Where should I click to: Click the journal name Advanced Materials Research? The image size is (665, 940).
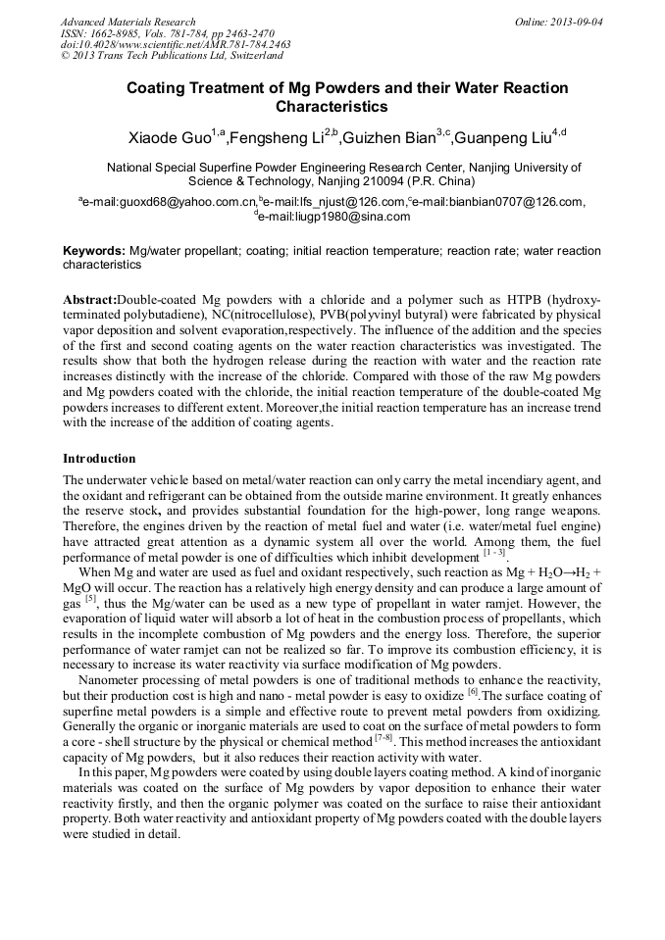[x=128, y=22]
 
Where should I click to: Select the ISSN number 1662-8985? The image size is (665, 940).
[x=122, y=33]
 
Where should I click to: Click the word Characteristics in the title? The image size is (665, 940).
[x=332, y=107]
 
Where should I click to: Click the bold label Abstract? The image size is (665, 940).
[x=89, y=299]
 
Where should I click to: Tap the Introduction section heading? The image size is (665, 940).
[x=99, y=459]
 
